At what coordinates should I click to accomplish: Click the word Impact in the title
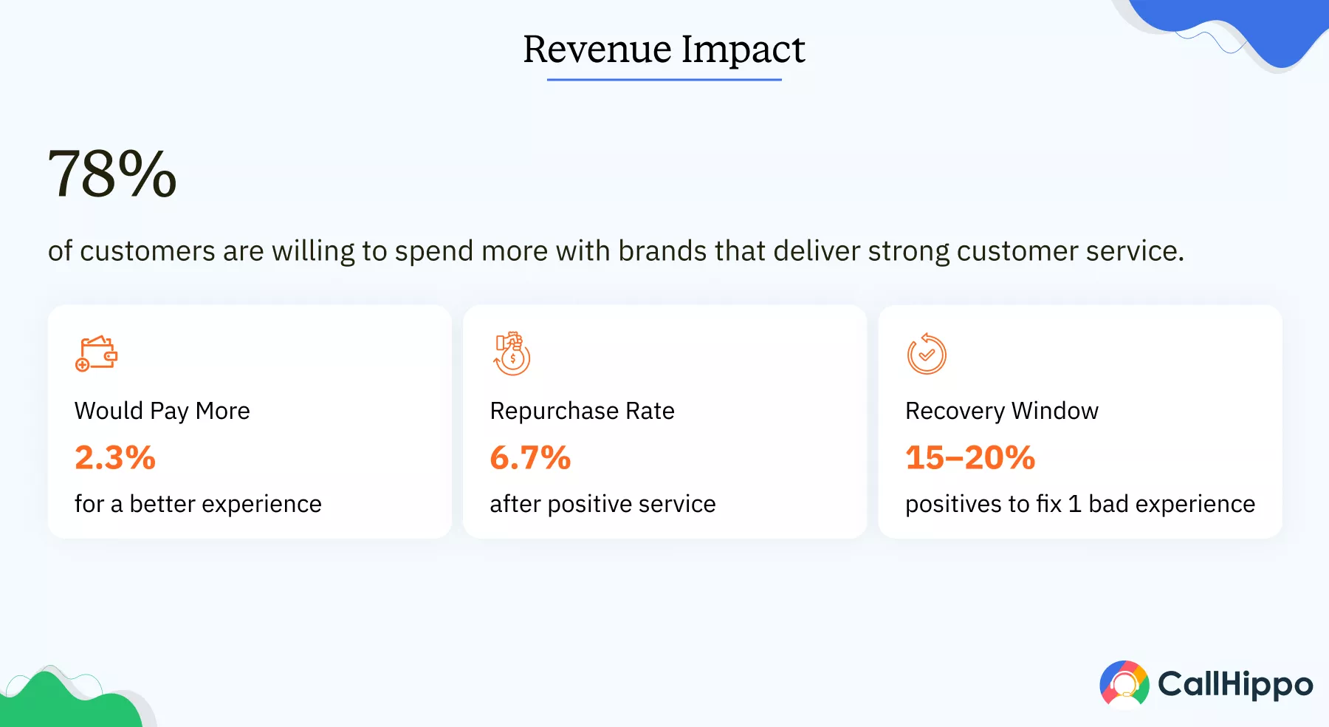pyautogui.click(x=743, y=51)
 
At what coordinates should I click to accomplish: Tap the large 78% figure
pyautogui.click(x=112, y=174)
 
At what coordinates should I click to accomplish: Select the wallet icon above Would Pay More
pyautogui.click(x=97, y=354)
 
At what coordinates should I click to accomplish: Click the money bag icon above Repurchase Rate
pyautogui.click(x=512, y=354)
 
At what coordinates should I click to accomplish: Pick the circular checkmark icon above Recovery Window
pyautogui.click(x=927, y=354)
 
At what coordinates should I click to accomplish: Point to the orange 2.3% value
pyautogui.click(x=115, y=457)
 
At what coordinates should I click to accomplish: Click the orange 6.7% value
pyautogui.click(x=530, y=457)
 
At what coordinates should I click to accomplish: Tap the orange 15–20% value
pyautogui.click(x=970, y=457)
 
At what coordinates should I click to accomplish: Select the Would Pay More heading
pyautogui.click(x=162, y=411)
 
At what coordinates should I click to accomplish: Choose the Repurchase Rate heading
pyautogui.click(x=582, y=411)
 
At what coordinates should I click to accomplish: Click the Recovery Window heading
pyautogui.click(x=1001, y=411)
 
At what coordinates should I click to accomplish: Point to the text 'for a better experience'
pyautogui.click(x=198, y=504)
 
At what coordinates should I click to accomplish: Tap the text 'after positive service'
pyautogui.click(x=602, y=504)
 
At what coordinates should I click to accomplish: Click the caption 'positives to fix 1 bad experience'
pyautogui.click(x=1079, y=504)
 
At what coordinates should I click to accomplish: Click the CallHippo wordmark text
pyautogui.click(x=1235, y=684)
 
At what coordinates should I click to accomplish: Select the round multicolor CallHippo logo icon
pyautogui.click(x=1124, y=684)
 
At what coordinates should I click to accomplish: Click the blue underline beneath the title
pyautogui.click(x=664, y=79)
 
